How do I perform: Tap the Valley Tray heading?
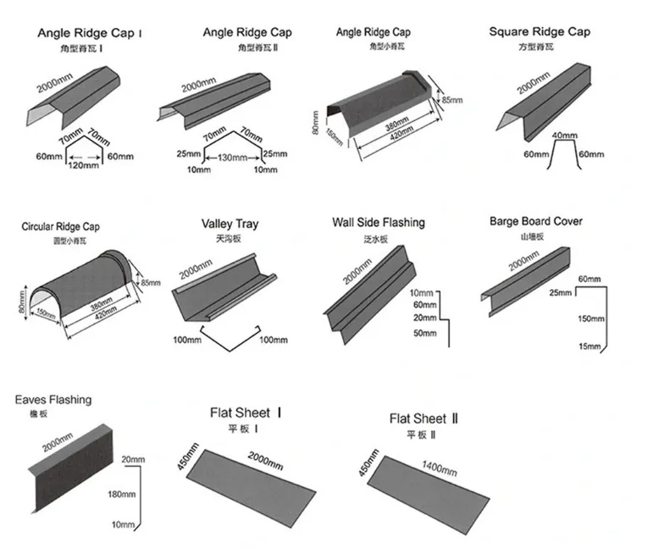click(230, 224)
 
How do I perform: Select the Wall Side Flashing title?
click(378, 223)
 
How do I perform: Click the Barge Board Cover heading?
click(535, 222)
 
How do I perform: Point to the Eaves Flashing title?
click(53, 400)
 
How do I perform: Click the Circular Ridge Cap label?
click(60, 227)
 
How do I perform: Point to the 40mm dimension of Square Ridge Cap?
click(564, 136)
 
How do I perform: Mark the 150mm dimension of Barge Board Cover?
click(590, 319)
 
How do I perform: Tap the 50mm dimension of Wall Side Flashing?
click(425, 334)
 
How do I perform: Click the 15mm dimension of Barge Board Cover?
click(588, 347)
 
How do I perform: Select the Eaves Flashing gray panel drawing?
click(68, 470)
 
